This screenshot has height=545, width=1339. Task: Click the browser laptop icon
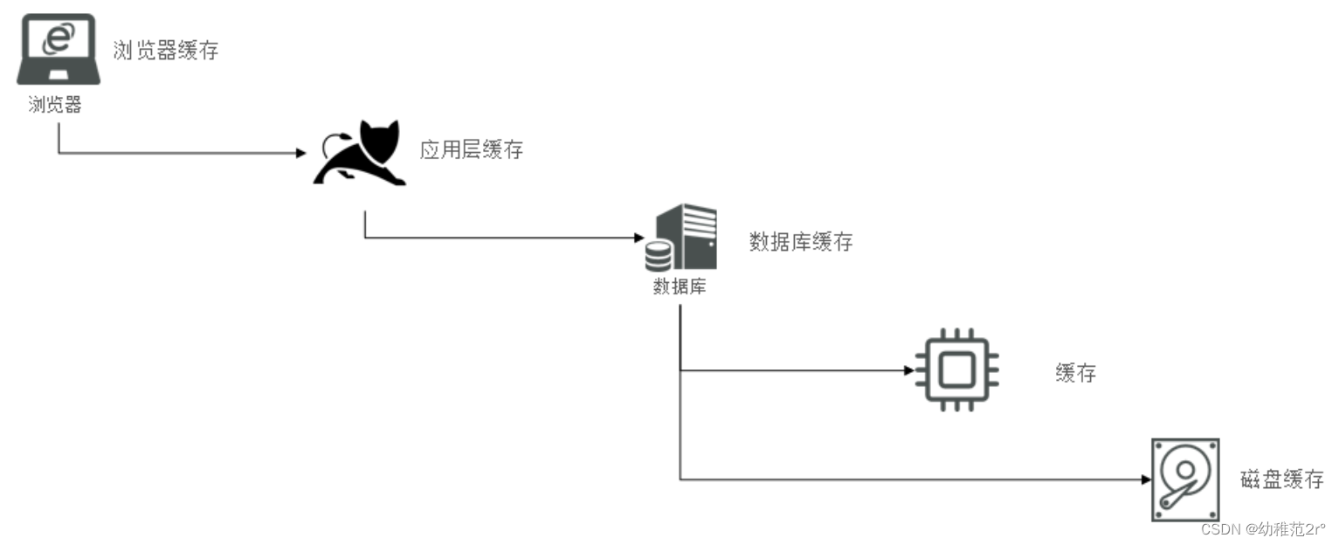pos(59,50)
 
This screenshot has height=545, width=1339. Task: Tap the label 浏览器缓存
pos(165,51)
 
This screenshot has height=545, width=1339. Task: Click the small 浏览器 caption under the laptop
pos(55,106)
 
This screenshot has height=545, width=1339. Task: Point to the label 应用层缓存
pos(471,150)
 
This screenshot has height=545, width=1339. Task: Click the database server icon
pos(681,237)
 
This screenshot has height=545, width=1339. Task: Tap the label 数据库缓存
pos(800,242)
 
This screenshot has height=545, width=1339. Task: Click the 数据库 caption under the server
pos(680,286)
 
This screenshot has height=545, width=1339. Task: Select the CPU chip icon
pos(956,370)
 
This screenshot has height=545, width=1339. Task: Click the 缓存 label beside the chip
pos(1075,374)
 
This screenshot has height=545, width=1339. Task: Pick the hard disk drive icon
pos(1185,480)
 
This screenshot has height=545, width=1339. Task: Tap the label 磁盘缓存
pos(1281,479)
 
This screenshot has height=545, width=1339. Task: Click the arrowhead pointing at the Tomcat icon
pos(301,153)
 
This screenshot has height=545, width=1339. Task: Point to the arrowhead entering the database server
pos(637,238)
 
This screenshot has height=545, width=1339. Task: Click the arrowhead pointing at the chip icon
pos(908,370)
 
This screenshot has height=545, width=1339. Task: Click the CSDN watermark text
pos(1263,529)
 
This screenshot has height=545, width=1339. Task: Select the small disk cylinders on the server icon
pos(659,255)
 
